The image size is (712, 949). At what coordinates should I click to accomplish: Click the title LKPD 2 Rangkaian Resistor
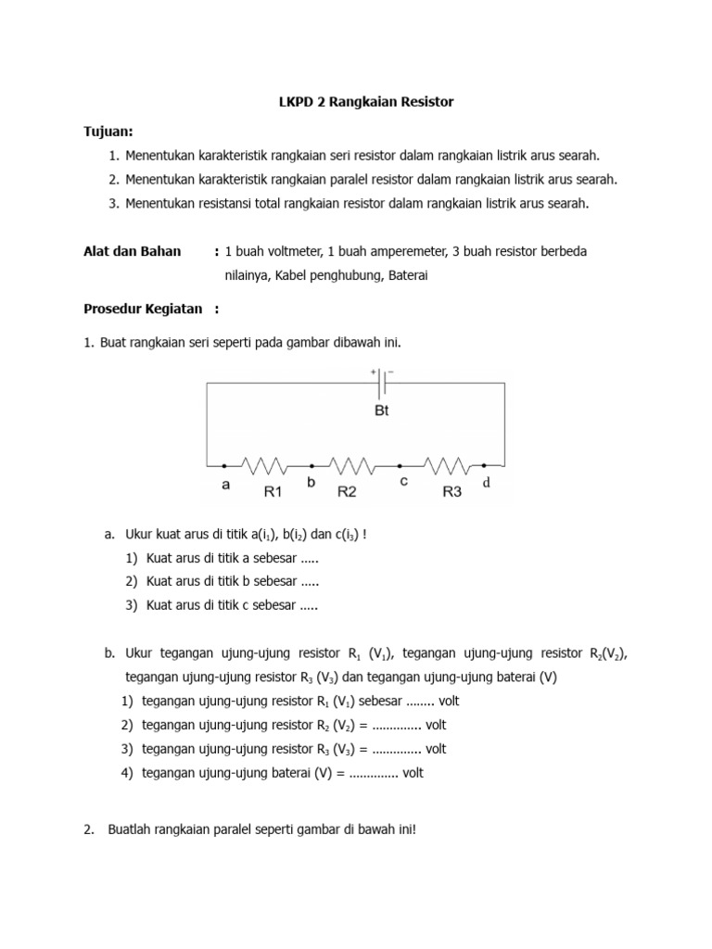pyautogui.click(x=355, y=102)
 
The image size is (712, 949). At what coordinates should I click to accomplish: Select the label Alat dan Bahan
pyautogui.click(x=133, y=251)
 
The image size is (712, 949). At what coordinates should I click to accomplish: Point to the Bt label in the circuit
pyautogui.click(x=382, y=411)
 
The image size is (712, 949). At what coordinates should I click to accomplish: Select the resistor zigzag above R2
pyautogui.click(x=355, y=464)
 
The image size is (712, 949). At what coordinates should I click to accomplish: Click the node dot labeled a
pyautogui.click(x=223, y=465)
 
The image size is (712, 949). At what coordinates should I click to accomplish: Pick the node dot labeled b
pyautogui.click(x=311, y=465)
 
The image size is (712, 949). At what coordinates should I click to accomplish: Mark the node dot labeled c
pyautogui.click(x=400, y=465)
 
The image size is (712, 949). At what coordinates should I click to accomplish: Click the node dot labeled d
pyautogui.click(x=484, y=465)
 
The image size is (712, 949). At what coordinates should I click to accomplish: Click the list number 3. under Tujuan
pyautogui.click(x=113, y=203)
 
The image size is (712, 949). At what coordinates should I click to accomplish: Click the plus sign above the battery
pyautogui.click(x=375, y=372)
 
